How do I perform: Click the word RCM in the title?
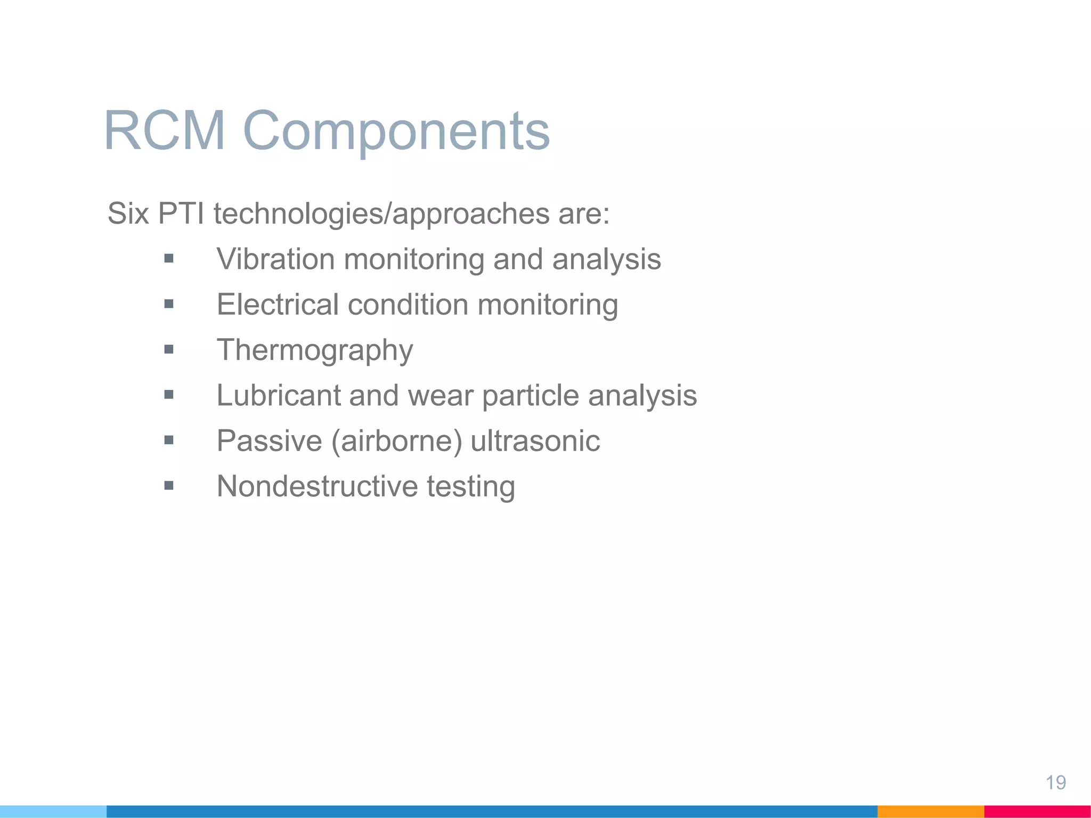pos(165,131)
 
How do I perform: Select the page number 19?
pos(1055,783)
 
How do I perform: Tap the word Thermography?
pos(315,350)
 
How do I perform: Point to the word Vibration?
pos(275,259)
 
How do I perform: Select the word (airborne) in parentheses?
pos(396,441)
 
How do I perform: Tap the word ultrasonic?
pos(535,441)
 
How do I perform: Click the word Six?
pos(128,214)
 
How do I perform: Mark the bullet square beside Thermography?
pos(169,350)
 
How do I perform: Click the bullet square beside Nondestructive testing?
pos(169,486)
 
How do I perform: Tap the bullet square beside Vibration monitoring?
pos(169,259)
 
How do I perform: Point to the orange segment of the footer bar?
pos(930,812)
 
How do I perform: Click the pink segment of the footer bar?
pos(1037,812)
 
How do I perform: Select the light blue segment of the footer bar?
pos(53,812)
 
